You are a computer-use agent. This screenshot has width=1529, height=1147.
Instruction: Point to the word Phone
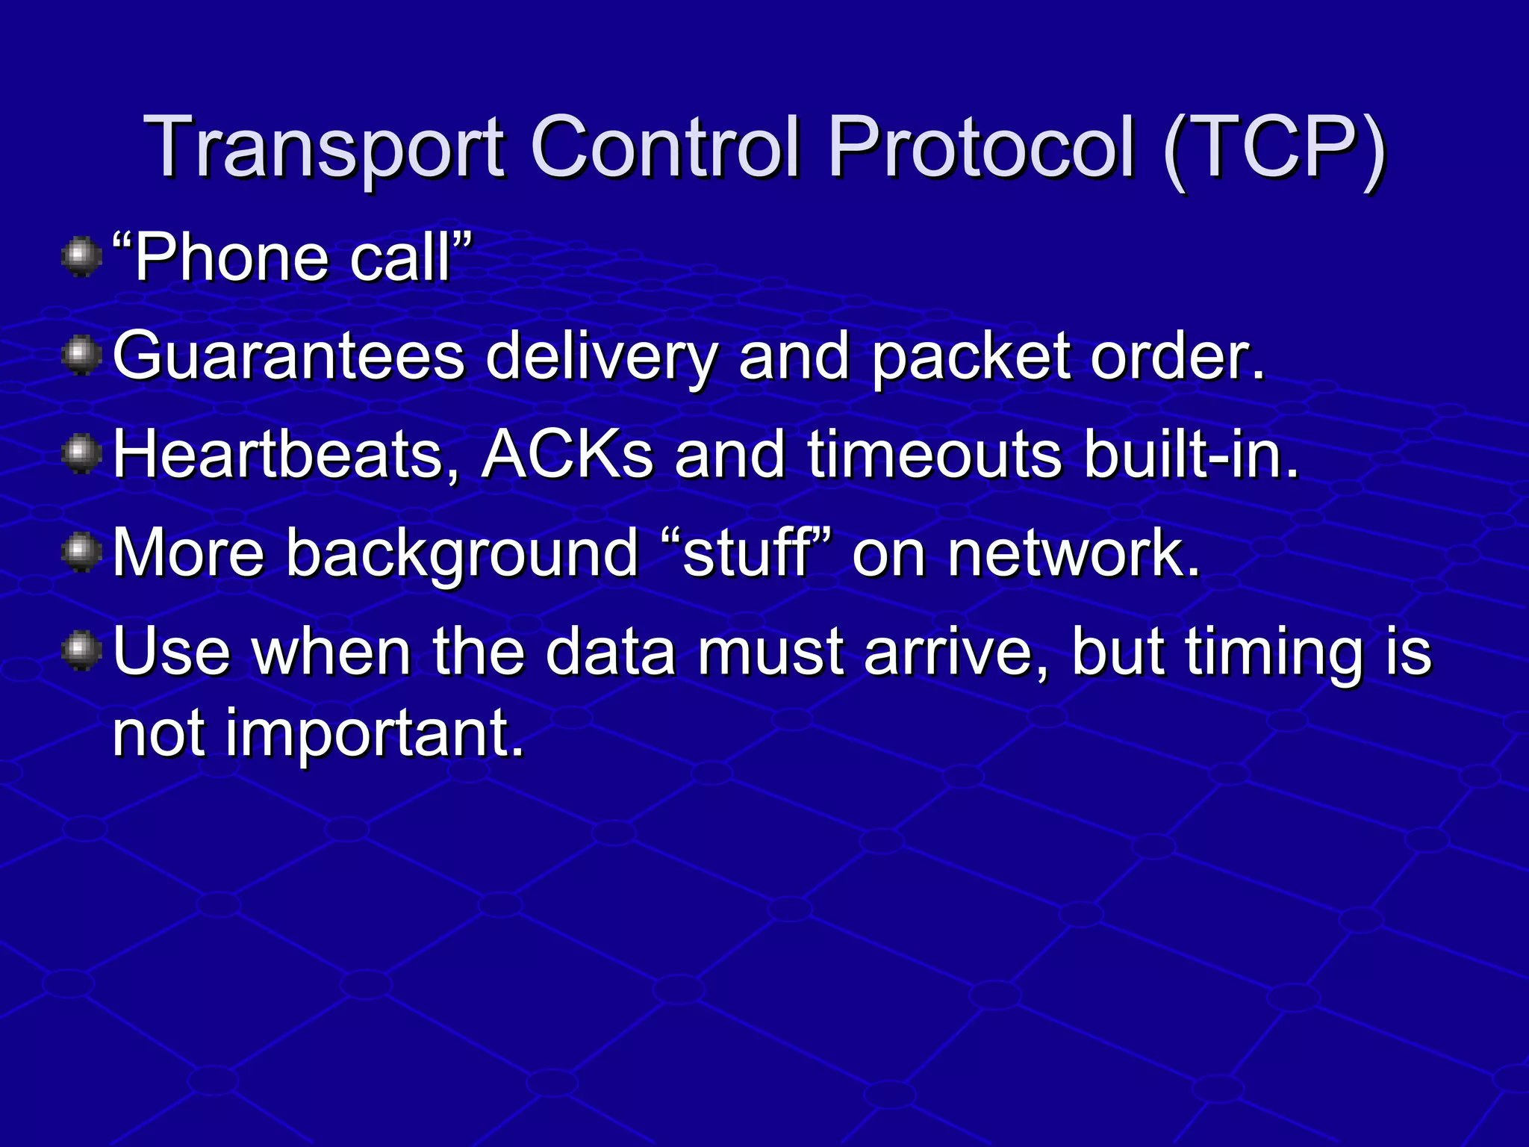231,258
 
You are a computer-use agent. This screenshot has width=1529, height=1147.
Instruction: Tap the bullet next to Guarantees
81,356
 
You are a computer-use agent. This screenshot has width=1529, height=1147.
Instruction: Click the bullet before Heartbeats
81,454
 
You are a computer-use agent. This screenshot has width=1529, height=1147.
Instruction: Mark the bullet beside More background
81,553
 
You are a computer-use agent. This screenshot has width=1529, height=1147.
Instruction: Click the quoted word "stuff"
747,553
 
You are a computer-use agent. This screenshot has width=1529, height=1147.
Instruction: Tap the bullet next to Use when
81,651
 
